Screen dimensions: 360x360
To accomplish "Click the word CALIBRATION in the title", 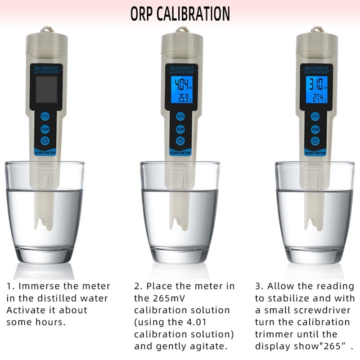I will [194, 13].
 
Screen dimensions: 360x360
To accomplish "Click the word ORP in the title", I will [142, 13].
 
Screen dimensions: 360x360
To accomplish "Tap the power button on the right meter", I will [315, 141].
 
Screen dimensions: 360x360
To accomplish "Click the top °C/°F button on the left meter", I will [45, 116].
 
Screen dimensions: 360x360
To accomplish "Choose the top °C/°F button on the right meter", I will [315, 117].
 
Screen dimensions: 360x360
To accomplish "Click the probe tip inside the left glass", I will [44, 221].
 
